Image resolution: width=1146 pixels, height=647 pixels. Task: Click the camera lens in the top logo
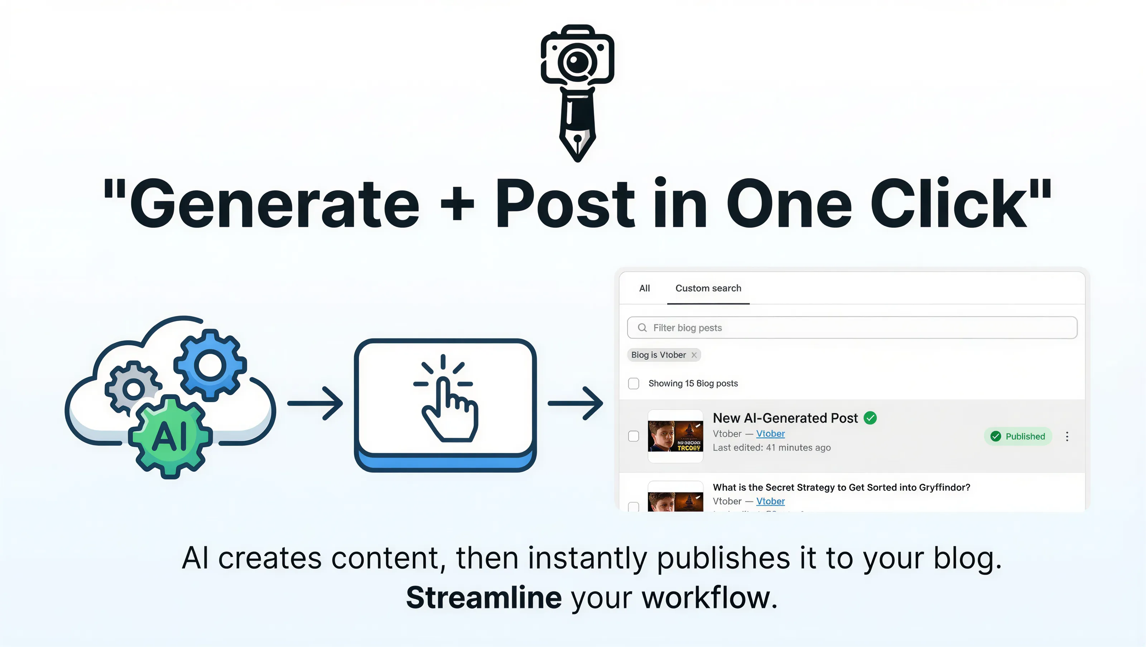point(577,61)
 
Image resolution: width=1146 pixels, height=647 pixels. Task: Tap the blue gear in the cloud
point(210,365)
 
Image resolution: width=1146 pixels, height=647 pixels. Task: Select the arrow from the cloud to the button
point(315,403)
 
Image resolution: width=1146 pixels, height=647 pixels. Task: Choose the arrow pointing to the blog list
point(575,403)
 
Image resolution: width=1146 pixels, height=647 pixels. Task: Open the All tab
point(644,288)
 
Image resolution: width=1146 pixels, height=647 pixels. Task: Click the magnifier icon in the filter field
point(642,328)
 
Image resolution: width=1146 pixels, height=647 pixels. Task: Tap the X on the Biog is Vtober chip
point(694,355)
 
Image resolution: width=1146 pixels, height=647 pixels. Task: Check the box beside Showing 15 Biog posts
point(634,383)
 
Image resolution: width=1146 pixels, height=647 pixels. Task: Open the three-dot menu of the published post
point(1067,436)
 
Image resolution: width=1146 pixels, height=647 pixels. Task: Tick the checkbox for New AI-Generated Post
point(634,436)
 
